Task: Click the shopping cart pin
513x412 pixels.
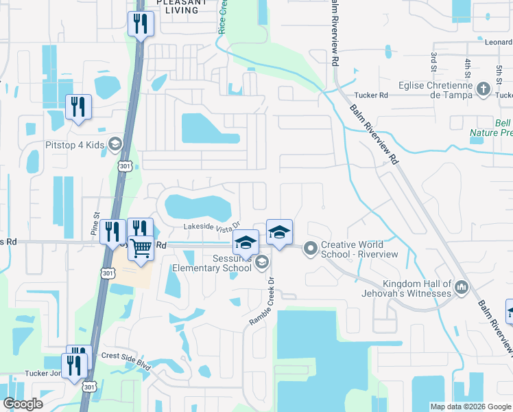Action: (x=141, y=248)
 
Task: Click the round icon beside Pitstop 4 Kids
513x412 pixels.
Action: (x=115, y=144)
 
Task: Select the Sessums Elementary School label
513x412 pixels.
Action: (x=212, y=263)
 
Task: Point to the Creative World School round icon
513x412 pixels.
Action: (x=311, y=248)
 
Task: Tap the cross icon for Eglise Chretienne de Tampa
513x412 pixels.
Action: (x=484, y=89)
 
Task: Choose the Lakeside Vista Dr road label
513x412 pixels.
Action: (x=211, y=226)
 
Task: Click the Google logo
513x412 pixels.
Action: (x=23, y=404)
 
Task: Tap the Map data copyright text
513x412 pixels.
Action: (x=470, y=407)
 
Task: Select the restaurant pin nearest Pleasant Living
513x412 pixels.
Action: (x=141, y=25)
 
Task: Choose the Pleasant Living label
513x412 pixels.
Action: (x=182, y=6)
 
